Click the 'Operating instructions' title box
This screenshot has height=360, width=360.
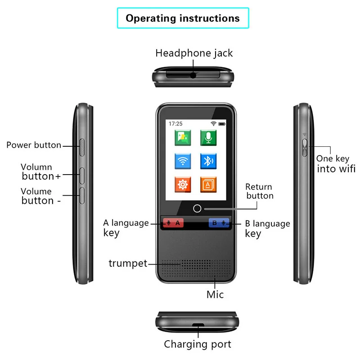pos(183,18)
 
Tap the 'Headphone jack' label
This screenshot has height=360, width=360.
pos(194,53)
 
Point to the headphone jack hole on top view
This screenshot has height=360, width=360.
pos(193,76)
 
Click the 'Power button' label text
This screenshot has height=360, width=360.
pos(34,145)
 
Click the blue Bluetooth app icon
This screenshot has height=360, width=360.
pos(208,161)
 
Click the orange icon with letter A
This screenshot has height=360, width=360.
pos(208,184)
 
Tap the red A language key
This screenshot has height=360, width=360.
pos(173,222)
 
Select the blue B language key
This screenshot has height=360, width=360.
pos(219,222)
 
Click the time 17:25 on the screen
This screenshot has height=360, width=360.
pos(175,123)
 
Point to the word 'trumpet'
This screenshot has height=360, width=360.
pos(128,264)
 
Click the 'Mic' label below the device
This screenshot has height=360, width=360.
pos(215,295)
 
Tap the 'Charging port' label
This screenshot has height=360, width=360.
pos(197,345)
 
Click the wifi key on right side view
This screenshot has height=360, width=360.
pos(304,147)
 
